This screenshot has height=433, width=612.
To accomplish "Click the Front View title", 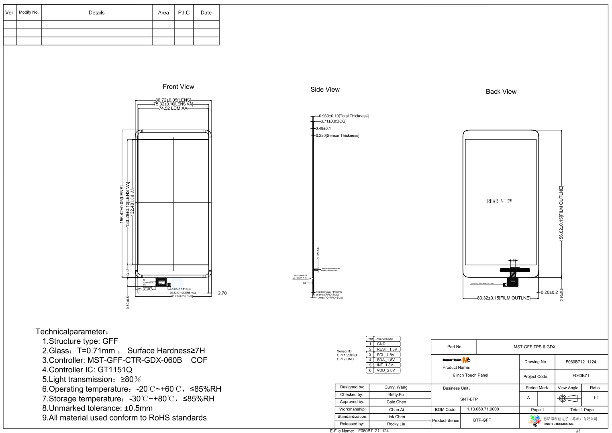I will [x=178, y=87].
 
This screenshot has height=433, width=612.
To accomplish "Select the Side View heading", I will [x=325, y=90].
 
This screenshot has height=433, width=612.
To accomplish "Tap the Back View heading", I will [x=501, y=92].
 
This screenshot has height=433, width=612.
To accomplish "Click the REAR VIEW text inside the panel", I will [x=499, y=201].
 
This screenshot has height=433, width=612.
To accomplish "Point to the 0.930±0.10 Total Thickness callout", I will [x=343, y=116].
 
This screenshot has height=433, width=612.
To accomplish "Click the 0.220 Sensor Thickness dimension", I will [x=337, y=136].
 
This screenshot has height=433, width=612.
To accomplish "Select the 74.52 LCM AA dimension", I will [x=173, y=109].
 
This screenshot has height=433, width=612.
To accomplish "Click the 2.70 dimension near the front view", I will [x=222, y=293].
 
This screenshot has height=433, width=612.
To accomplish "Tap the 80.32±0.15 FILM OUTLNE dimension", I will [x=503, y=298].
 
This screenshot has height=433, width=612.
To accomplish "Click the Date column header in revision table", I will [x=206, y=13].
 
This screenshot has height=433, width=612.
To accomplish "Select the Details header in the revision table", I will [x=96, y=13].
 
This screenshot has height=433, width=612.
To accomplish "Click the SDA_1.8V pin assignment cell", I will [x=386, y=360].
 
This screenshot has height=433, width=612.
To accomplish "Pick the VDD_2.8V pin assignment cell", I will [x=386, y=371].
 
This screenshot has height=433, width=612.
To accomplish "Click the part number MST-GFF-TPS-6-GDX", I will [x=534, y=347].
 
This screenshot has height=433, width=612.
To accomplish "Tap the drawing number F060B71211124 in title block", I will [x=581, y=362].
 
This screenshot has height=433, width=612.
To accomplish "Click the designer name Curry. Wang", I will [x=396, y=388].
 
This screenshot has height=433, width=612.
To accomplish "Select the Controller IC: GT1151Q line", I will [x=87, y=370].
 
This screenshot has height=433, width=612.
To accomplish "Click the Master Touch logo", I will [x=456, y=360].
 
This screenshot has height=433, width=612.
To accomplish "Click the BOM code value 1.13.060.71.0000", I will [x=483, y=409].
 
